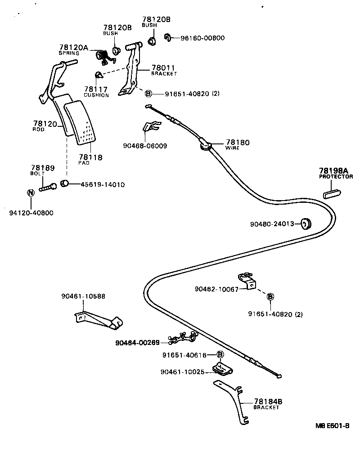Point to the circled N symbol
coord(31,193)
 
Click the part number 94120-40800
coord(31,213)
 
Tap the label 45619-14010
coord(103,184)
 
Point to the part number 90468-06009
coord(145,146)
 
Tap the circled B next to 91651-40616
coord(220,355)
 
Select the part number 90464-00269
coord(137,343)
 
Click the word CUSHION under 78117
coord(96,95)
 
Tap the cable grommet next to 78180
coord(205,145)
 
